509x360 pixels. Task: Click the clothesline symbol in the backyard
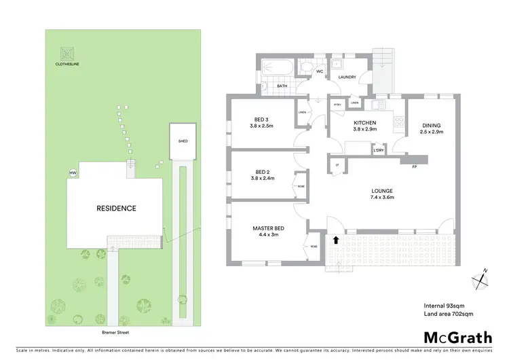coord(67,52)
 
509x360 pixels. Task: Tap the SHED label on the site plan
coord(183,141)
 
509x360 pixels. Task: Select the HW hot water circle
coord(73,173)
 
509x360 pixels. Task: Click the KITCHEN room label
coord(364,123)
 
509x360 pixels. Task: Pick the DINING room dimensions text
coord(432,132)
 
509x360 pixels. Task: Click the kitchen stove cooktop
coord(398,123)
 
